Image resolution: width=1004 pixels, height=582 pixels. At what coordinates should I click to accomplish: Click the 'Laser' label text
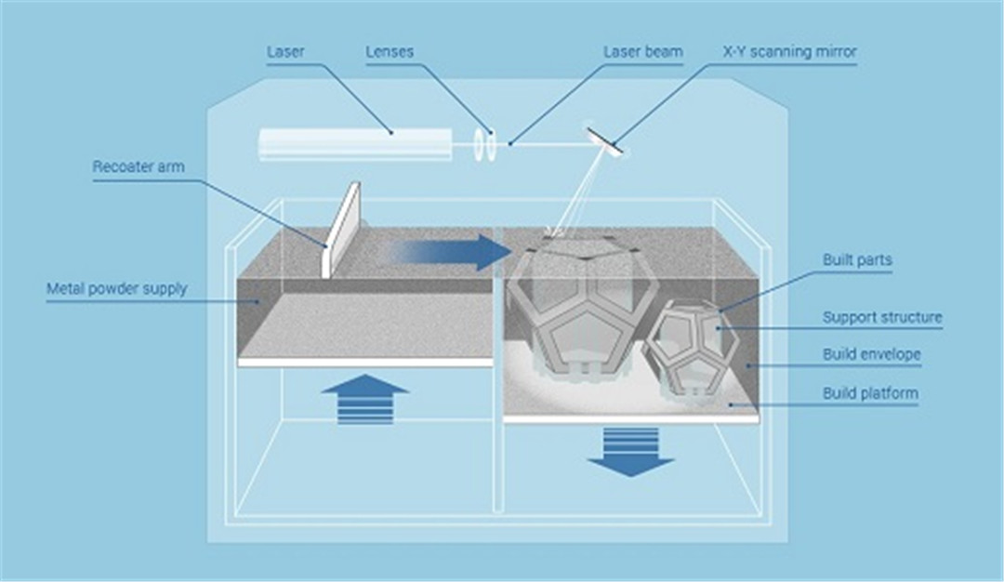pos(285,51)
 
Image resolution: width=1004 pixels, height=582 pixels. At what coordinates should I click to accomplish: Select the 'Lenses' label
pos(390,51)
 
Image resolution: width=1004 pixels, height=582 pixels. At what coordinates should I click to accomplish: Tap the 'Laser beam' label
pos(643,51)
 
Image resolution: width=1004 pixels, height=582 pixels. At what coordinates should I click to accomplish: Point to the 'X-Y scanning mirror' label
pos(790,51)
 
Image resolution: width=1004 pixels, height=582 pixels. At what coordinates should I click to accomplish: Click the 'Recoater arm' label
pos(139,166)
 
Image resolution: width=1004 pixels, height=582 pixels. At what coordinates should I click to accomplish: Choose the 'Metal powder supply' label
pos(116,289)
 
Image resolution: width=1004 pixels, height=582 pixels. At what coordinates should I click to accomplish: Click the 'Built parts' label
pos(857,260)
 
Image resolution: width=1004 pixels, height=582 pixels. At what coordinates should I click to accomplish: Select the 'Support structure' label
pos(882,317)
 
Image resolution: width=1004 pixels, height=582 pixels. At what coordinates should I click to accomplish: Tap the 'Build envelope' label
pos(871,354)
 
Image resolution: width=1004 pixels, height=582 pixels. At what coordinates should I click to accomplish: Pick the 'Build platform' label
pos(870,393)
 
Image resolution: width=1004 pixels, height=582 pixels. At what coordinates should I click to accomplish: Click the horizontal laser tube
pos(355,144)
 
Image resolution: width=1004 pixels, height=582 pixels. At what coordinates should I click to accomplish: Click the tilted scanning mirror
pos(605,139)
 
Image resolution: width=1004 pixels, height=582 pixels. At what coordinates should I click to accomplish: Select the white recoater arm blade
pos(340,231)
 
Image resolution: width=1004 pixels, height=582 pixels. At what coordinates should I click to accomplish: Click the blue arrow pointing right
pos(448,252)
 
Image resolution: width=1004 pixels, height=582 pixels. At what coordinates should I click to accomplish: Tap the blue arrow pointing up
pos(365,399)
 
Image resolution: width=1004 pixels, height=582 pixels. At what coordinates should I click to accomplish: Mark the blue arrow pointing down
pos(630,452)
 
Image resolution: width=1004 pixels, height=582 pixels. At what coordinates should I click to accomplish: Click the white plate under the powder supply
pos(365,363)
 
